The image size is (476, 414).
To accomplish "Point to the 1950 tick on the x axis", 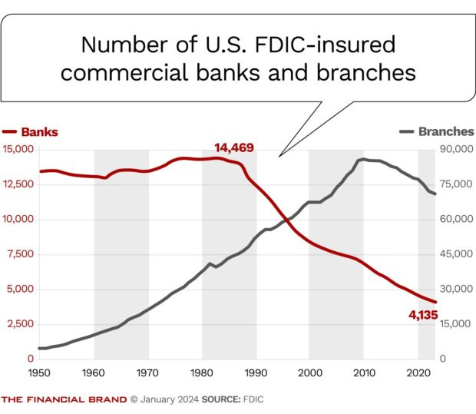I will point(39,373).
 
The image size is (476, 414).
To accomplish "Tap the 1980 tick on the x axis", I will point(202,373).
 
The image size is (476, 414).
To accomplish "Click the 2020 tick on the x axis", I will point(418,373).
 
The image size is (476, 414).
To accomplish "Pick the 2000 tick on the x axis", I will point(310,373).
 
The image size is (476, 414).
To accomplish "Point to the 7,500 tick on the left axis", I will point(19,254).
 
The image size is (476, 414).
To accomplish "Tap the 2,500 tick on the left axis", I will point(19,324).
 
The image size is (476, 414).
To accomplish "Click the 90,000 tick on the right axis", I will point(458,149).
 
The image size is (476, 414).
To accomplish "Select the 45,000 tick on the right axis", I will point(458,254).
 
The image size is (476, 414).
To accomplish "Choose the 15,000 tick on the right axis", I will point(458,324).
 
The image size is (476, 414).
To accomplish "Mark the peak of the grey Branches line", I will point(362,159).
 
